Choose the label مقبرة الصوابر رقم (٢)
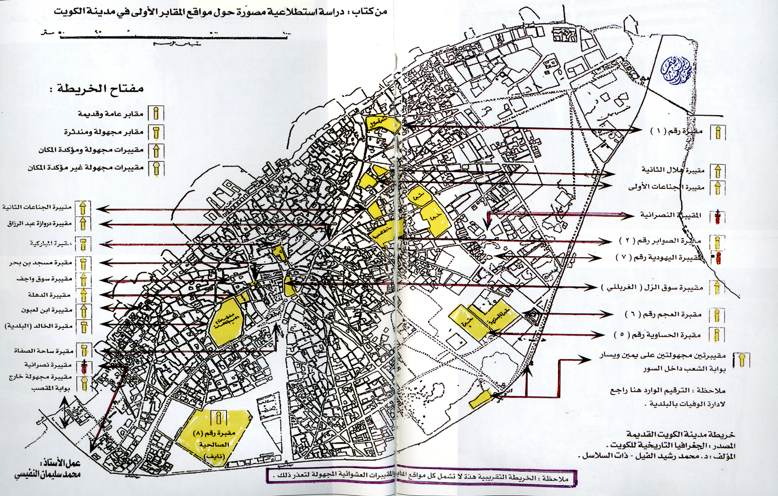(x=660, y=241)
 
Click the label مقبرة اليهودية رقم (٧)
(x=659, y=257)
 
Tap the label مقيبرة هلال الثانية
(x=673, y=170)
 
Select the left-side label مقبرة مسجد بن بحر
(x=40, y=263)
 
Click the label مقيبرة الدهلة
(x=49, y=295)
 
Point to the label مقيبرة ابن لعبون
(x=47, y=310)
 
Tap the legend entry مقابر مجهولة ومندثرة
(x=104, y=132)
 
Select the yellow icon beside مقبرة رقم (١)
(x=718, y=132)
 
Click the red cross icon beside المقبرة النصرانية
(x=718, y=216)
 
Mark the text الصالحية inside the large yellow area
(x=214, y=445)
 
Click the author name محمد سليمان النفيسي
(x=48, y=473)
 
